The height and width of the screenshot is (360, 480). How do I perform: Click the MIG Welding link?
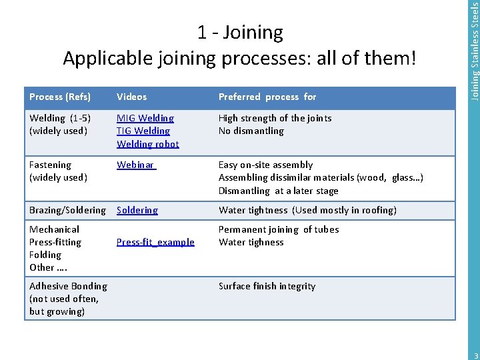145,118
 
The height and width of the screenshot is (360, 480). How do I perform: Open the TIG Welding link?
143,131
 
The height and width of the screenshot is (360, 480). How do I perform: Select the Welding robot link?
148,143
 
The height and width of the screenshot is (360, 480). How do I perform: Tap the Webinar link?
135,165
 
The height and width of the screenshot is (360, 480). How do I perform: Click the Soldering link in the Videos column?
137,210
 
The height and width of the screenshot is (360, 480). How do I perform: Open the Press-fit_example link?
156,242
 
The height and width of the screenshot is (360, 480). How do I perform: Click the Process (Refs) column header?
60,97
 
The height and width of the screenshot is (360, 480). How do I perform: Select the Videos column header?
132,97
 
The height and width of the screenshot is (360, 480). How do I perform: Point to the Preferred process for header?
267,97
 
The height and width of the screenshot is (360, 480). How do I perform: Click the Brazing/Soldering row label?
67,210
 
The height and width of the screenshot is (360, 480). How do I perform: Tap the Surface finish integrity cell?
267,286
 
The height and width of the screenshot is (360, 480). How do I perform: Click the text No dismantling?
251,131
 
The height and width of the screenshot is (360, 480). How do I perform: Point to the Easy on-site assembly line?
265,165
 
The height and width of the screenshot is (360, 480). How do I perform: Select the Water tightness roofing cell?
307,210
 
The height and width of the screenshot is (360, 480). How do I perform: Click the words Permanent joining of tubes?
279,229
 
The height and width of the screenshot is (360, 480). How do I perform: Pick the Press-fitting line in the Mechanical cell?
55,242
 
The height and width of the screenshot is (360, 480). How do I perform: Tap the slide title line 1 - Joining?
240,32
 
